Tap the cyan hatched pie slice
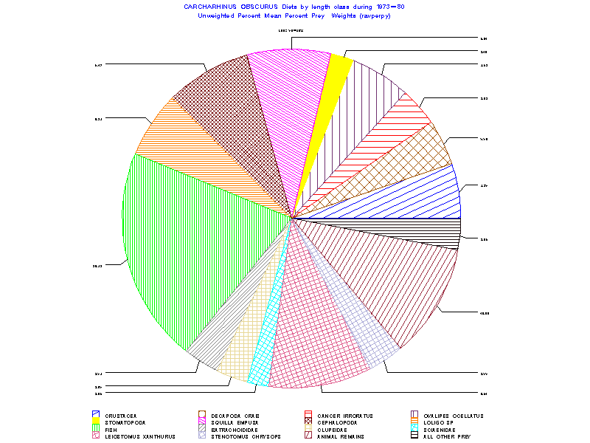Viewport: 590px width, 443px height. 263,354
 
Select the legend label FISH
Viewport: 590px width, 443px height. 111,430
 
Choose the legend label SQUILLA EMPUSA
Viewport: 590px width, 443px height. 234,423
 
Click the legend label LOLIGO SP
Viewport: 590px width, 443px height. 441,423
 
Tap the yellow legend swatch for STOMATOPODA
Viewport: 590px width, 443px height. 96,423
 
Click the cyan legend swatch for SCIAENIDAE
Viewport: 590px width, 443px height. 415,430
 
